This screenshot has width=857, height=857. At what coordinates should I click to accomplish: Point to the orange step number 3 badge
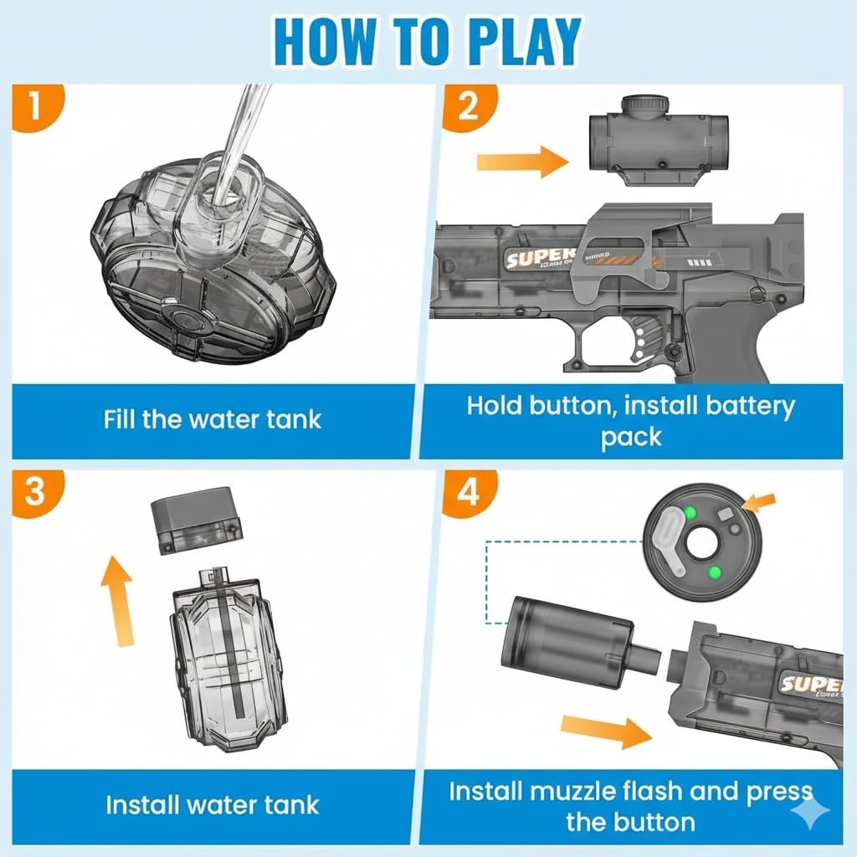32,492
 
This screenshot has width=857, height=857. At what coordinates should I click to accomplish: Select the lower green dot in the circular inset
715,572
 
